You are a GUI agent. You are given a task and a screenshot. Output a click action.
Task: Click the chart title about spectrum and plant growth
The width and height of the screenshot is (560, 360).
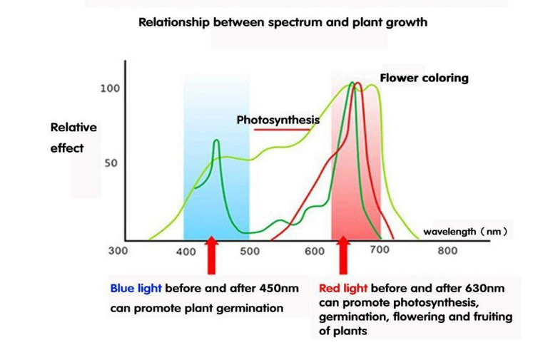[x=282, y=22]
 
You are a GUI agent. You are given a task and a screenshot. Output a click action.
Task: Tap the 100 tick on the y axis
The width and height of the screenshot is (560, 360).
[x=110, y=88]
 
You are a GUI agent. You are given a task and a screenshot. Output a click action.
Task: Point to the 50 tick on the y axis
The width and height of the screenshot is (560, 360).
[x=111, y=163]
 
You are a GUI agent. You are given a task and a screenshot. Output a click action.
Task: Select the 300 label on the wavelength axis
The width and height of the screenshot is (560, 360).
[x=118, y=251]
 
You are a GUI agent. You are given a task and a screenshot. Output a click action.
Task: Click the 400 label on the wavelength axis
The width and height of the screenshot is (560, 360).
[x=186, y=252]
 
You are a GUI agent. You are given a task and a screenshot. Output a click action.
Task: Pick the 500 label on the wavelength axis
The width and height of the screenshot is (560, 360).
[x=249, y=252]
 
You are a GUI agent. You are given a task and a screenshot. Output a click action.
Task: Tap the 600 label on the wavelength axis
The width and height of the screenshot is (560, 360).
[x=315, y=252]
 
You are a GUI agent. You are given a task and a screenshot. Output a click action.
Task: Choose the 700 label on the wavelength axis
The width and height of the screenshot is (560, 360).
[x=379, y=250]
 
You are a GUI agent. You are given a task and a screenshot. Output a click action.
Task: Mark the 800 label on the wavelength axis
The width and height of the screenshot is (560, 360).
[x=447, y=251]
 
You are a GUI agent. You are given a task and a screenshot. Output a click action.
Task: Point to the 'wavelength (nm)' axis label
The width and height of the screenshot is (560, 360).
[x=465, y=232]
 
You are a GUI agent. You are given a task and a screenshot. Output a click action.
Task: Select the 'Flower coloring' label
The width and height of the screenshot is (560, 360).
[x=424, y=78]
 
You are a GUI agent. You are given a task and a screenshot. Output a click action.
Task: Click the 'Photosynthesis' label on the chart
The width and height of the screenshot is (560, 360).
[x=278, y=120]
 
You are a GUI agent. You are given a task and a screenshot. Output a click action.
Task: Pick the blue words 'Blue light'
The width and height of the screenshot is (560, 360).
[x=136, y=289]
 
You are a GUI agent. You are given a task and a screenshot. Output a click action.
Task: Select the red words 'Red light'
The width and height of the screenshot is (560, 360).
[x=343, y=289]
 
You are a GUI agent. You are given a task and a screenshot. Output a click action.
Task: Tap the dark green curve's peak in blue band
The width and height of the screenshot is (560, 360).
[x=216, y=140]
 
